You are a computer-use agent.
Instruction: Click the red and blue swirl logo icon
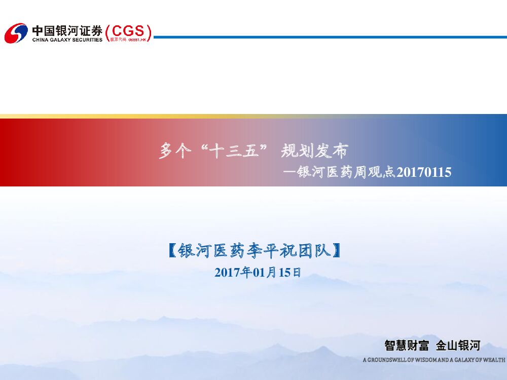pyautogui.click(x=16, y=33)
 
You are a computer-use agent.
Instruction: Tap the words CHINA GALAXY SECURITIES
pyautogui.click(x=67, y=40)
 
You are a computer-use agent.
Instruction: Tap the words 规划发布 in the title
pyautogui.click(x=314, y=151)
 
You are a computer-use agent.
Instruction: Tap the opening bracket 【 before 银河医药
pyautogui.click(x=172, y=250)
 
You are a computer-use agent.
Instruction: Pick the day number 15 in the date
pyautogui.click(x=284, y=273)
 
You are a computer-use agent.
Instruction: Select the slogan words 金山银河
pyautogui.click(x=458, y=346)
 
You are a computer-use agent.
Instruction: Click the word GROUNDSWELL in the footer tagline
pyautogui.click(x=385, y=360)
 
